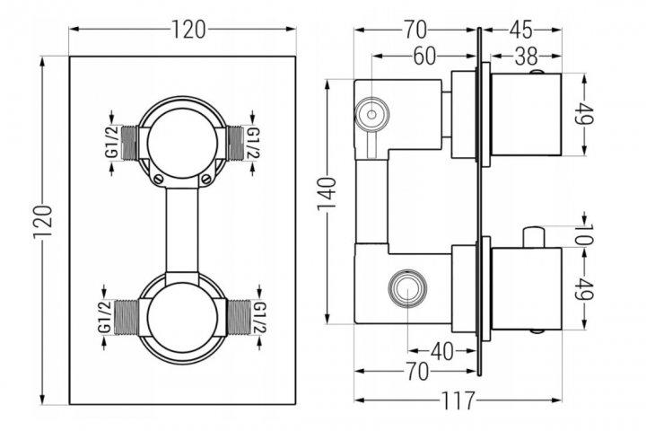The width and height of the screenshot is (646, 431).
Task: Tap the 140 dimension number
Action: pyautogui.click(x=329, y=191)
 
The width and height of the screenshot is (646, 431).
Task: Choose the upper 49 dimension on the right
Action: pyautogui.click(x=589, y=115)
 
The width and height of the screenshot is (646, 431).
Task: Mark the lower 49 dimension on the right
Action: pyautogui.click(x=589, y=289)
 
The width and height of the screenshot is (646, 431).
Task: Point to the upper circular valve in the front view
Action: pyautogui.click(x=182, y=142)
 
